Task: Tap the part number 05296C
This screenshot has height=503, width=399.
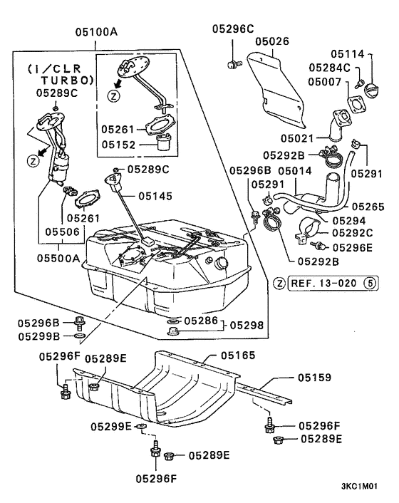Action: [x=233, y=28]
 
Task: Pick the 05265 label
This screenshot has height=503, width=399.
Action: [x=368, y=207]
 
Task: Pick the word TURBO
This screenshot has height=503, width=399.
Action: [x=51, y=81]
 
